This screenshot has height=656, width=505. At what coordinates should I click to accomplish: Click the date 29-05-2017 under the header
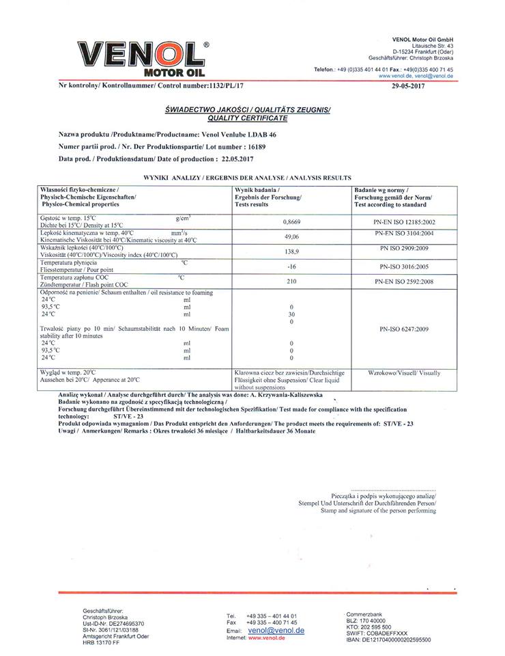(410, 87)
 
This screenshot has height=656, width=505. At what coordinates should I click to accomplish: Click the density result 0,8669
(292, 222)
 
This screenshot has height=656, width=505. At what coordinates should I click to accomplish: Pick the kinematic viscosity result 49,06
(291, 236)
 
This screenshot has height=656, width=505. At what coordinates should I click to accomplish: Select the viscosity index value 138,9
(291, 251)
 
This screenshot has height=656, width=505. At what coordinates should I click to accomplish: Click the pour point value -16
(291, 266)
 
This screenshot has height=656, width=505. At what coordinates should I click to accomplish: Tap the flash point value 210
(291, 282)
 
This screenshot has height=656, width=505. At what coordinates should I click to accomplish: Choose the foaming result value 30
(291, 314)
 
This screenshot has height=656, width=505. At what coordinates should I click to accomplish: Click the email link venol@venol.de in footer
(276, 631)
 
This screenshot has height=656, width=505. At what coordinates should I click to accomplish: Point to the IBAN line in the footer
(388, 640)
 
